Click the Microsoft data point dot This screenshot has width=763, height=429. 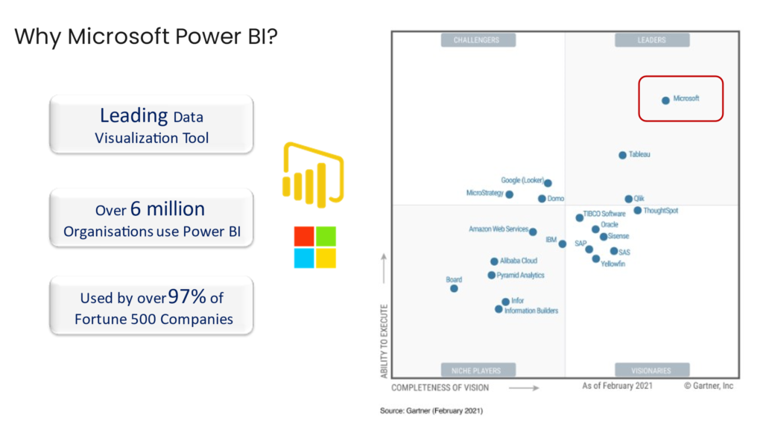coord(665,100)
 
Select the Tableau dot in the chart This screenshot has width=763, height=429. coord(622,155)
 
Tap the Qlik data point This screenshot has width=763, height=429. coord(628,199)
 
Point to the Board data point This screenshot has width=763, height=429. coord(454,288)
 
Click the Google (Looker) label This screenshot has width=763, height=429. coord(522,180)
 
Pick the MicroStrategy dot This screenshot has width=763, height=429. coord(509,194)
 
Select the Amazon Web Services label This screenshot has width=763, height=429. coord(498,229)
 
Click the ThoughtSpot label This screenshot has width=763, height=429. coord(661,211)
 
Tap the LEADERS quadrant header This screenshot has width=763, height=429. coord(651,40)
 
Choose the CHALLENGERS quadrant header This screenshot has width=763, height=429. coord(476,40)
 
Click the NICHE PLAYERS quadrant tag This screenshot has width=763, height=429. coord(476,370)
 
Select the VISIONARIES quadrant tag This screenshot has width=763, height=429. coord(651,370)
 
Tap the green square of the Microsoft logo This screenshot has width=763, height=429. coord(326,236)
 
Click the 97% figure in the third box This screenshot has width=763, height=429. coord(188,297)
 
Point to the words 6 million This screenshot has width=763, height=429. coord(168,209)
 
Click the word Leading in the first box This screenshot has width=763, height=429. coord(133,115)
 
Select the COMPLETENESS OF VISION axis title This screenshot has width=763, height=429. coord(440,387)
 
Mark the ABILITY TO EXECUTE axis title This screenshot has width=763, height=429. coord(384,340)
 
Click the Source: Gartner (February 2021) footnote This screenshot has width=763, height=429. coord(432,410)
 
